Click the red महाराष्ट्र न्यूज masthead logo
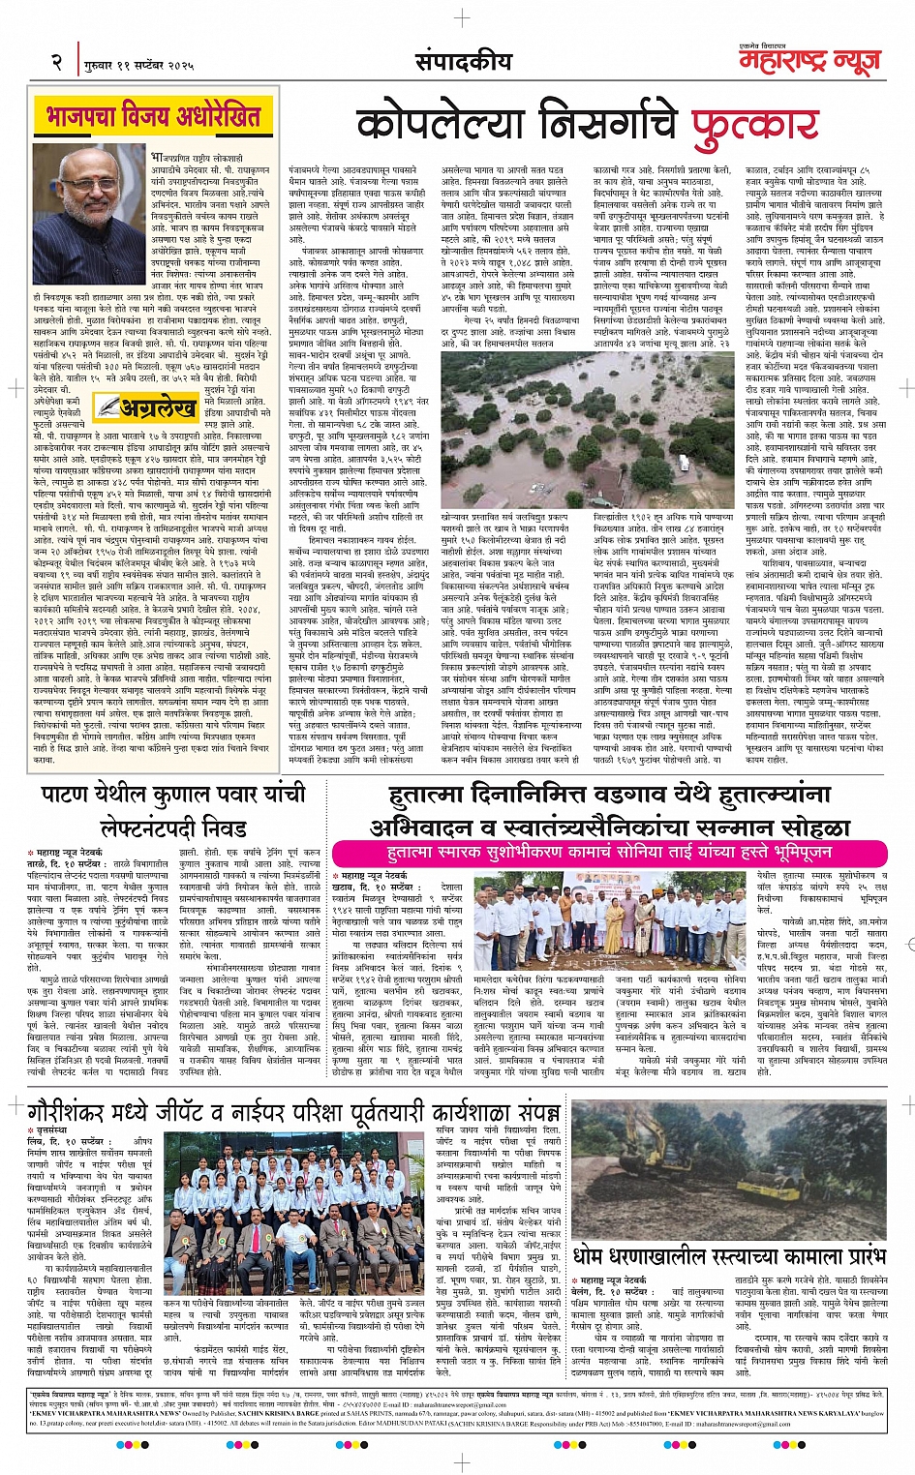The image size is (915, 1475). point(809,63)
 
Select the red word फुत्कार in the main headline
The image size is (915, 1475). point(755,125)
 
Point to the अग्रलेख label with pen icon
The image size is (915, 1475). point(145,408)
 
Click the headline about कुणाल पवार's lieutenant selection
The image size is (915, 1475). point(173,811)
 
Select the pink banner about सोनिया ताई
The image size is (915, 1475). point(609,852)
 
